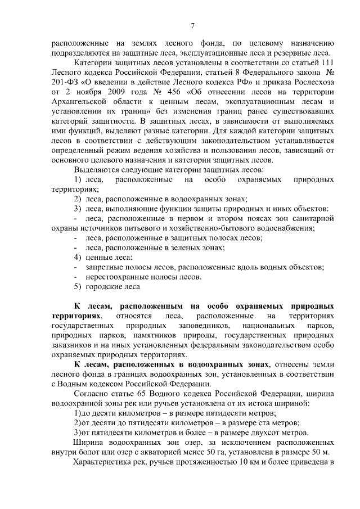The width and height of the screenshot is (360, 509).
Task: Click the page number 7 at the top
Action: point(193,25)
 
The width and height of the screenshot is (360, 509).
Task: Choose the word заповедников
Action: point(203,326)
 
